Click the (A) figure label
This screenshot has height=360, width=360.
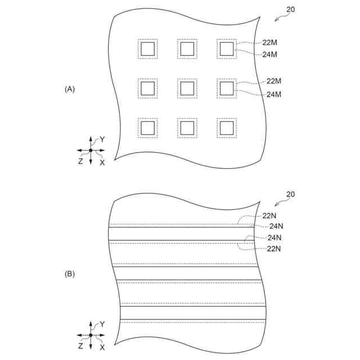click(70, 89)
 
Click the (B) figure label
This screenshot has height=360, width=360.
click(70, 274)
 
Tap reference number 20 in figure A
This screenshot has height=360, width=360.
click(290, 10)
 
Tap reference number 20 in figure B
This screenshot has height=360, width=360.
click(290, 195)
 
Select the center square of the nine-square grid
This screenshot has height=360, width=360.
click(187, 88)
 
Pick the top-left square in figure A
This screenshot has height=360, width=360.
click(147, 49)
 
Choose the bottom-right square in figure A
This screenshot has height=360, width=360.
click(226, 128)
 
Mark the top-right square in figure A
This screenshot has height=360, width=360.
click(226, 49)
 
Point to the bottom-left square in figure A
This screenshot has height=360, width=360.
click(147, 128)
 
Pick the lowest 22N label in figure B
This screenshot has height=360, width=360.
click(274, 249)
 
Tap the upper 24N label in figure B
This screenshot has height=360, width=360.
click(276, 226)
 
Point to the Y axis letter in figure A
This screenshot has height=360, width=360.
click(102, 138)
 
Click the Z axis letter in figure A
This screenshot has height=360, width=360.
click(80, 161)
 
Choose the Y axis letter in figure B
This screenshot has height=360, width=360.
click(102, 324)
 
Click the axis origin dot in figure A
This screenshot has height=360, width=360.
click(91, 150)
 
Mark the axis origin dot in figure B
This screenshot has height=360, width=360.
click(91, 335)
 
